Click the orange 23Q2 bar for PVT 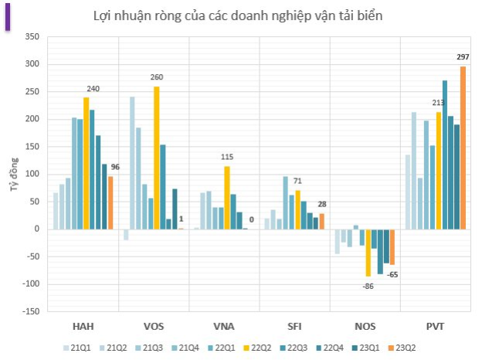(x=463, y=148)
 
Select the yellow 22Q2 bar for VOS (x=156, y=158)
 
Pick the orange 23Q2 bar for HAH (x=110, y=202)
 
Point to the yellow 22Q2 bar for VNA (x=227, y=197)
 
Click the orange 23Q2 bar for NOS (x=392, y=246)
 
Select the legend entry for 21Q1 (x=76, y=347)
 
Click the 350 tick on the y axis (x=32, y=36)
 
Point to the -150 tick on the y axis (x=29, y=311)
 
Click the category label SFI (x=295, y=325)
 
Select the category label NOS (x=366, y=325)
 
